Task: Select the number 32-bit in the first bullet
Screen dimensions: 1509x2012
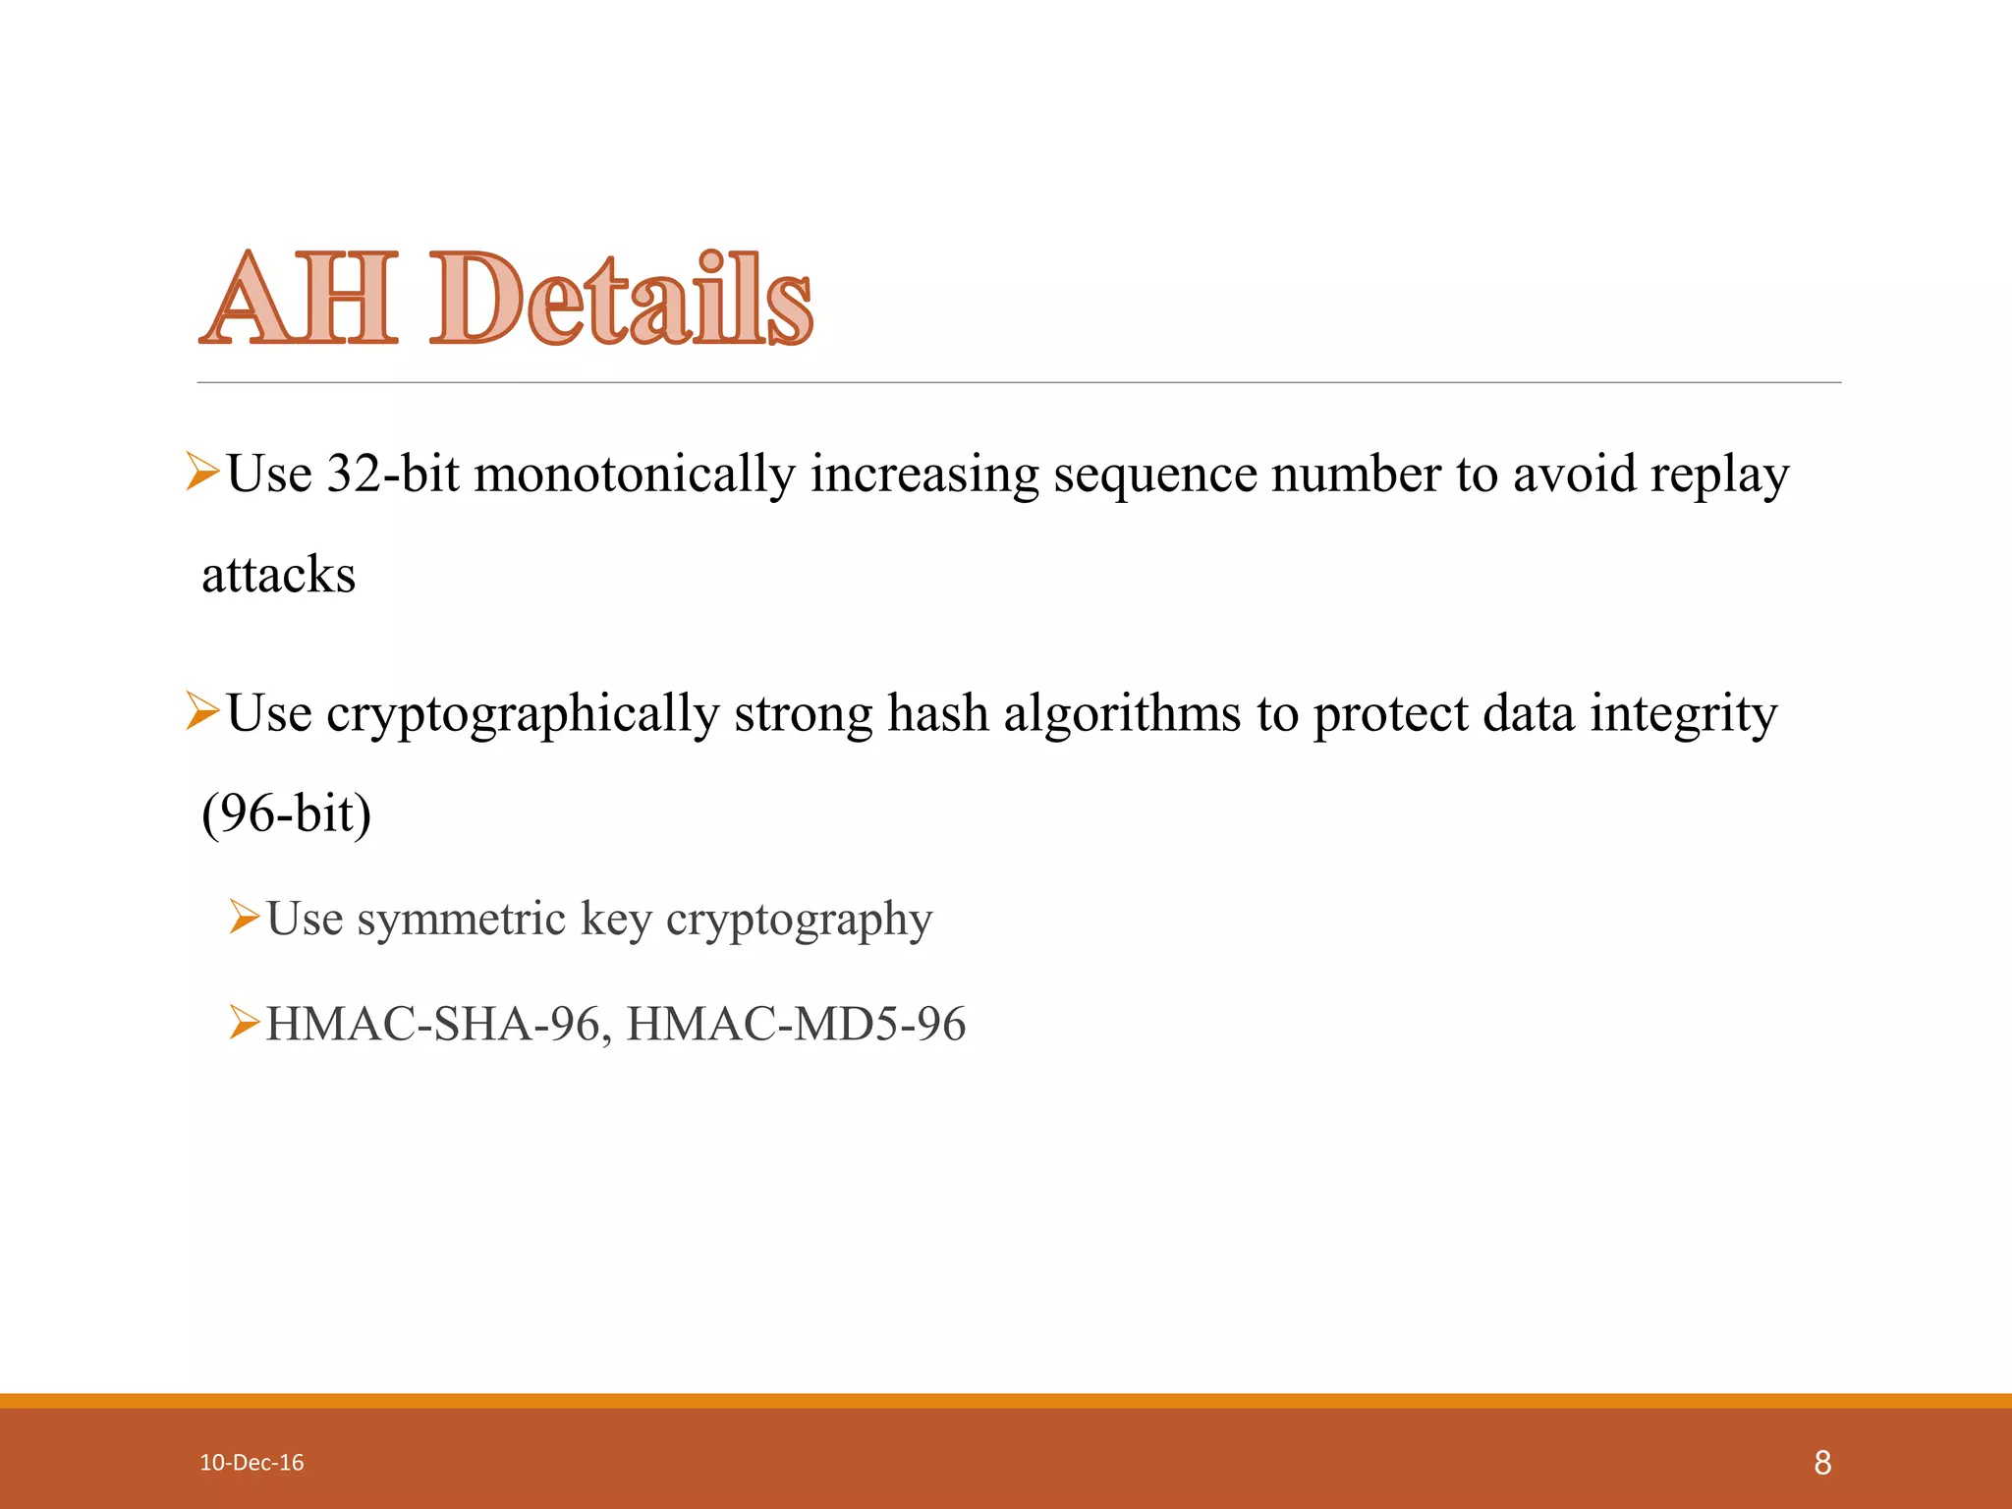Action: point(393,474)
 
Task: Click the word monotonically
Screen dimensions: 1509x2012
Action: point(635,474)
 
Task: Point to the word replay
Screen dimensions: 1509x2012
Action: point(1719,475)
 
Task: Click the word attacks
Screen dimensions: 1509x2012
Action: point(279,575)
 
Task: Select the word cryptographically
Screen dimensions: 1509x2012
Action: point(523,714)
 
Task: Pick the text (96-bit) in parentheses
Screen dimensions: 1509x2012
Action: point(286,813)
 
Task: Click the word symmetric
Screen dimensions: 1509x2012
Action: point(461,920)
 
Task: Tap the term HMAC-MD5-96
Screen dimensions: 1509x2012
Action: point(796,1024)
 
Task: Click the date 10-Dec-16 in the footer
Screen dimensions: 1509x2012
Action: point(251,1463)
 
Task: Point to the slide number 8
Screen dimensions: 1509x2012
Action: point(1822,1463)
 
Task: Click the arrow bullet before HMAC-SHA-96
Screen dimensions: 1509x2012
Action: point(244,1022)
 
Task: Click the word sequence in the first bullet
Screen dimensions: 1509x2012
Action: point(1154,475)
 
